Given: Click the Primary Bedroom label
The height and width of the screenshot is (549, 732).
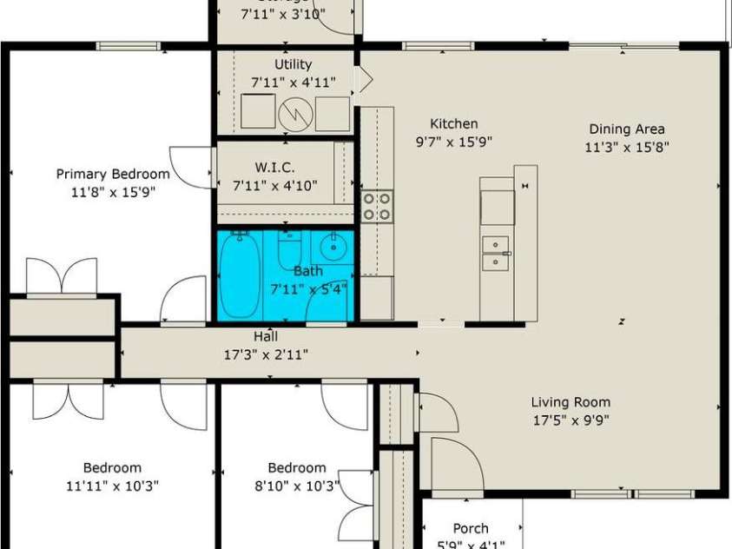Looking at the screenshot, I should pos(105,174).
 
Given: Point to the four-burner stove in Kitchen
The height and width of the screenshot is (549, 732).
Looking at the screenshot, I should pos(377,207).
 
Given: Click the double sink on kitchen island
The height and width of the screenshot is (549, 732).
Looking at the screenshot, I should pos(496,252).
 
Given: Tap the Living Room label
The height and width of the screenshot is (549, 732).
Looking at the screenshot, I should pos(570,402).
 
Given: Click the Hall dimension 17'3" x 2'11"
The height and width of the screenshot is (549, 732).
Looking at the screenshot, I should pos(267,354).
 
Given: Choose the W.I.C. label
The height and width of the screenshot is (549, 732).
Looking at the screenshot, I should pos(275,167).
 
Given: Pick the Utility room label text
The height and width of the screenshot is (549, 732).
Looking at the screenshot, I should pos(293,64).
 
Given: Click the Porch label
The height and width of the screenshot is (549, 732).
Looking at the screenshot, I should pos(471,528).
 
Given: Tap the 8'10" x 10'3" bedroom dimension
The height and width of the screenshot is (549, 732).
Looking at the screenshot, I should pos(297,486).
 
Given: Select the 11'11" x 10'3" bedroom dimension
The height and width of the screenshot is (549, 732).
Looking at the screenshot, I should pos(112,486).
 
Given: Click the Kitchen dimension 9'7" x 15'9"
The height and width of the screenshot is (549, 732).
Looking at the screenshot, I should pos(454,142).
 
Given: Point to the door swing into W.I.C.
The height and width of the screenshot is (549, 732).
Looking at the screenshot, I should pos(192,167).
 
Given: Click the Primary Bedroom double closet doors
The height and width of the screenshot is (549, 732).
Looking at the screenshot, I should pos(62,277).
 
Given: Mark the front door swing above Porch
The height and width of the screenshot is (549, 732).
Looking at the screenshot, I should pos(455,467).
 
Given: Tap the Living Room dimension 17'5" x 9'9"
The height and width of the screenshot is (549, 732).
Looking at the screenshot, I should pos(570,420).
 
